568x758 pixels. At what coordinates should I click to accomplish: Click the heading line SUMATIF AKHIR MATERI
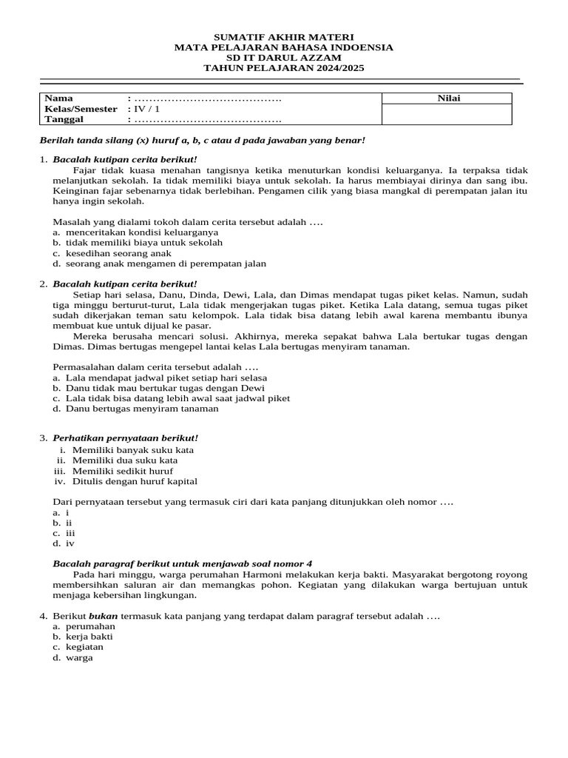pyautogui.click(x=283, y=37)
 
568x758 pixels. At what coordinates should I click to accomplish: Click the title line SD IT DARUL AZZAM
pyautogui.click(x=283, y=58)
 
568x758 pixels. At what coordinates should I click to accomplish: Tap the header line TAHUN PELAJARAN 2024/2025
pyautogui.click(x=283, y=68)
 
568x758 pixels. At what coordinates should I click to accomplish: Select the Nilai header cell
pyautogui.click(x=446, y=98)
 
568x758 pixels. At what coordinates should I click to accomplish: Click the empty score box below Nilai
pyautogui.click(x=446, y=114)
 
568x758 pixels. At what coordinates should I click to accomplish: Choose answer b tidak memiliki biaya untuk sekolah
pyautogui.click(x=143, y=242)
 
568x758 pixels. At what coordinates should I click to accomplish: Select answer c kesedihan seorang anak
pyautogui.click(x=118, y=252)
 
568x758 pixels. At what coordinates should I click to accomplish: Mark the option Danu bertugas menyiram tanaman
pyautogui.click(x=141, y=409)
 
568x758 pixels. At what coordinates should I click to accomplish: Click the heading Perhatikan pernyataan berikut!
pyautogui.click(x=126, y=438)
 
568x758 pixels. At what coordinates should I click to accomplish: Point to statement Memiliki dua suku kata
pyautogui.click(x=124, y=460)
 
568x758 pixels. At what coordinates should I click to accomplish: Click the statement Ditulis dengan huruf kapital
pyautogui.click(x=135, y=481)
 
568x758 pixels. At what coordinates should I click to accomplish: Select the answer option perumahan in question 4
pyautogui.click(x=90, y=626)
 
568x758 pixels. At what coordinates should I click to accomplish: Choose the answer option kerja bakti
pyautogui.click(x=89, y=637)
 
